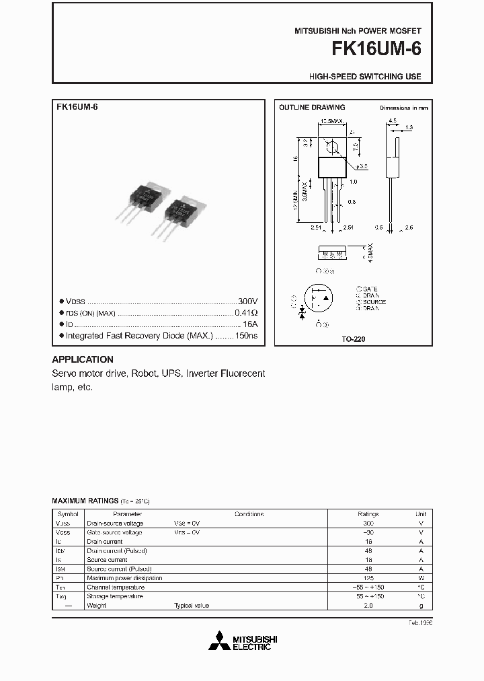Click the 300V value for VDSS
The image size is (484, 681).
[x=247, y=301]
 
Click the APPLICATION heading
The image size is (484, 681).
[x=83, y=359]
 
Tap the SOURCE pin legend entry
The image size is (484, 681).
[x=374, y=303]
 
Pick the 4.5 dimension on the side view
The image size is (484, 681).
[x=392, y=122]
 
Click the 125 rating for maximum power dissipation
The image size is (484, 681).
[x=368, y=578]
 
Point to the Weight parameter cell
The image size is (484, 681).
[x=97, y=606]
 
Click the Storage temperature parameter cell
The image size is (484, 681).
[x=115, y=596]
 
